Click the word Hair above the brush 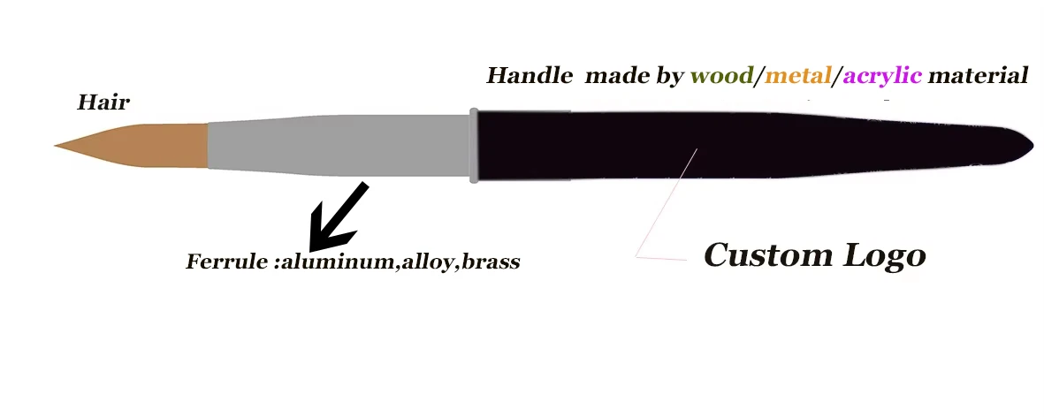click(103, 102)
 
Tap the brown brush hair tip click(133, 146)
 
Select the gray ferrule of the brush click(336, 145)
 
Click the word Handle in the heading click(530, 76)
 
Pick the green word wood click(720, 76)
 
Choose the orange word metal click(797, 76)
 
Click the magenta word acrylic click(882, 77)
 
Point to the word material click(979, 76)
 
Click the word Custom click(766, 255)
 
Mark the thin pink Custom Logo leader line click(665, 204)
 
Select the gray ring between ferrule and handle click(474, 145)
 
